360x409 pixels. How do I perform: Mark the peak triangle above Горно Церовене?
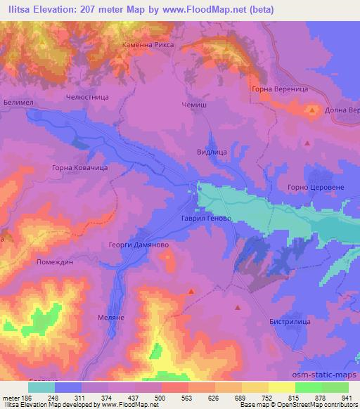click(307, 143)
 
